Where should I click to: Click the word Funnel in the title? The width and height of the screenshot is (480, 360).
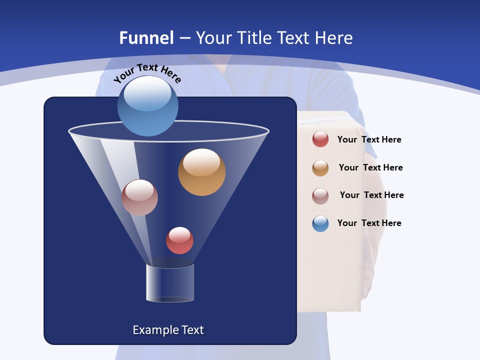pos(146,38)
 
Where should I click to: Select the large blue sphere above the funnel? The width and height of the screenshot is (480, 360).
pos(147,106)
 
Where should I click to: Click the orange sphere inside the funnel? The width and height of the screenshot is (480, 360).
pos(201,172)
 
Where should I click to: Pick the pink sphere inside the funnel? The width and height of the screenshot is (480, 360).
pos(139,197)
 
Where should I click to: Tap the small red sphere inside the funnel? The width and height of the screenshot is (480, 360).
pos(179,240)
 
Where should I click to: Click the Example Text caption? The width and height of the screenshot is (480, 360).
pos(168,330)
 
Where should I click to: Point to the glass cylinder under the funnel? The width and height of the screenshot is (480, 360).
pos(169,283)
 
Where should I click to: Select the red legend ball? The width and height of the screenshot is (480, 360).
pos(320,139)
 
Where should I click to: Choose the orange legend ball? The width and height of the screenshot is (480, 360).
pos(320,168)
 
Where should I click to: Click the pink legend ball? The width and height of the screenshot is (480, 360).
pos(320,196)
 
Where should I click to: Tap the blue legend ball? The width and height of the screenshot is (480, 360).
pos(320,223)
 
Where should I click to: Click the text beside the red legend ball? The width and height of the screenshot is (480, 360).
pos(369,140)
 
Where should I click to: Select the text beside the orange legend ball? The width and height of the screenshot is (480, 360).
pos(370,168)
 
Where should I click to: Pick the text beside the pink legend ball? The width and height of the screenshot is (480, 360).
pos(371,195)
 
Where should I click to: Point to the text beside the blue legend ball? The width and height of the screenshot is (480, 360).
pos(369,223)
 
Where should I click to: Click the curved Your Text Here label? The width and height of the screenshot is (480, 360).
pos(147,72)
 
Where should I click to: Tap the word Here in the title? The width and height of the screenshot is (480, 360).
pos(335,38)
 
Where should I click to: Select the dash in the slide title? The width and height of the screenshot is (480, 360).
pos(184,38)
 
